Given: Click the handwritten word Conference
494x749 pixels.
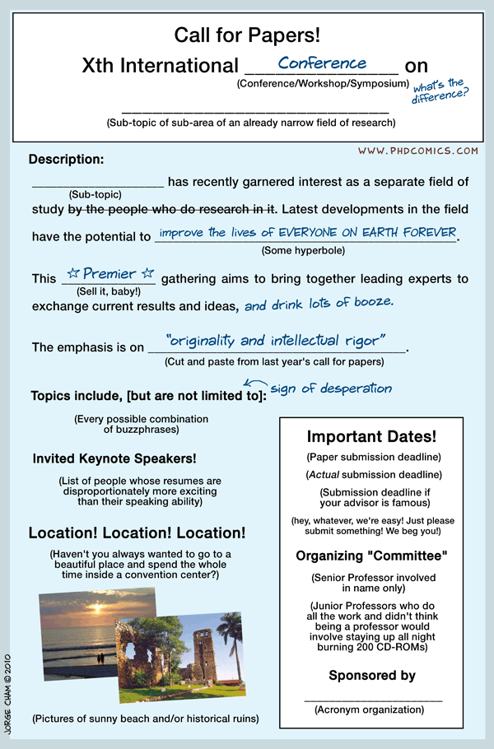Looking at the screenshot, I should [322, 63].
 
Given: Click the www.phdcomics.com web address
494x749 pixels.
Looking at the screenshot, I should [418, 151].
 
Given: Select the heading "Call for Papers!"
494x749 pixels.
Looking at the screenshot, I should [247, 35].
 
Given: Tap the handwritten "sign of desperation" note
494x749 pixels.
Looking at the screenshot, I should [331, 388].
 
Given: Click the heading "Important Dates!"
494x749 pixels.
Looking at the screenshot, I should [371, 437].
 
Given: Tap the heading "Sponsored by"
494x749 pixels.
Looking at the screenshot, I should [372, 676].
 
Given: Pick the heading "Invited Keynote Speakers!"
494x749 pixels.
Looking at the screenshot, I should [114, 458].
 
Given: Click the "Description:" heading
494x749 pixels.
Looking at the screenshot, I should [66, 159].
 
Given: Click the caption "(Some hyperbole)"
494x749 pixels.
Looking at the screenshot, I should [303, 250].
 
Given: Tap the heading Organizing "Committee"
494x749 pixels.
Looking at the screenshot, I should [371, 556].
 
